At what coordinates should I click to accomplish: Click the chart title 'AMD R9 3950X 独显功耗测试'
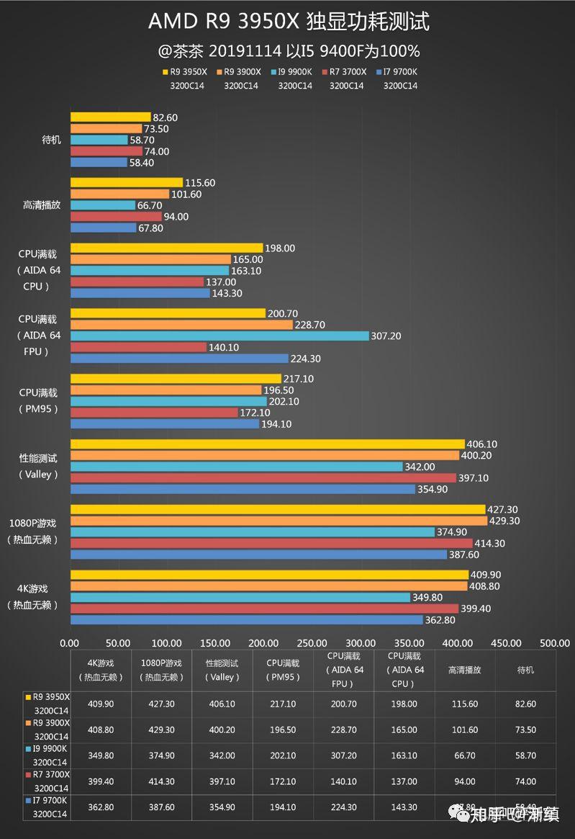[288, 22]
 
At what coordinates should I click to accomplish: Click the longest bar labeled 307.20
[219, 336]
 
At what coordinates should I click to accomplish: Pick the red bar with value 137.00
[137, 282]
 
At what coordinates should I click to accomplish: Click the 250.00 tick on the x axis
[312, 643]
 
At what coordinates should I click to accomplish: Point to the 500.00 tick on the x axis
[554, 643]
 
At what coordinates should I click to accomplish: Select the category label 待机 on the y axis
[52, 140]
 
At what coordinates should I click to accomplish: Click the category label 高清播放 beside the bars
[42, 205]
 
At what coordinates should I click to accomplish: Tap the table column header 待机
[525, 670]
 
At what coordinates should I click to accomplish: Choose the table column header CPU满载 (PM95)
[283, 670]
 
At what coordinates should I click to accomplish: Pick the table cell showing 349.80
[101, 755]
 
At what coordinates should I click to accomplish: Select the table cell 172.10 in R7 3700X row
[283, 781]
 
